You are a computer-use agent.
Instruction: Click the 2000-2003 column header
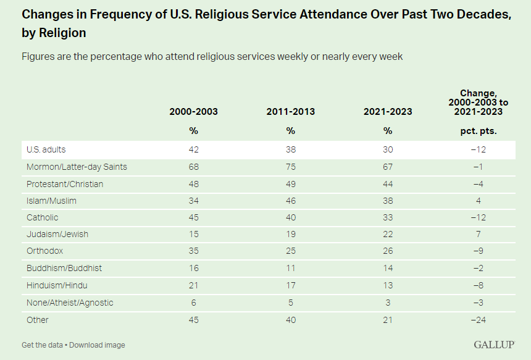[193, 112]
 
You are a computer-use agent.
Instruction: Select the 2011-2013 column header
[290, 112]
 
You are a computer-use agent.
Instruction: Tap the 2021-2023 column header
[388, 112]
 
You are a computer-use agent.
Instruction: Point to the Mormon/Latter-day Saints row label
[77, 167]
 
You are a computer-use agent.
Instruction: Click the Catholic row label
[43, 217]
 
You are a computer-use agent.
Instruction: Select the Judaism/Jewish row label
[57, 234]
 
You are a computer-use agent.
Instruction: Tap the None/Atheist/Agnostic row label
[70, 303]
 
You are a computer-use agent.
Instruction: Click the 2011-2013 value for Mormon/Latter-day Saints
[290, 167]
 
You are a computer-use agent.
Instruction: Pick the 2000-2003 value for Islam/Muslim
[193, 201]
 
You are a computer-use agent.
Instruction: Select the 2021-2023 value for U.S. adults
[388, 149]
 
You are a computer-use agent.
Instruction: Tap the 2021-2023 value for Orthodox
[388, 251]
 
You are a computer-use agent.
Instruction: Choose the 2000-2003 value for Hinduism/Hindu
[193, 285]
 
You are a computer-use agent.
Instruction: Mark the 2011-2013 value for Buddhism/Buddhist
[290, 269]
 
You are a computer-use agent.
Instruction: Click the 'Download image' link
[97, 345]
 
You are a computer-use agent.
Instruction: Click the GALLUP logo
[494, 345]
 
